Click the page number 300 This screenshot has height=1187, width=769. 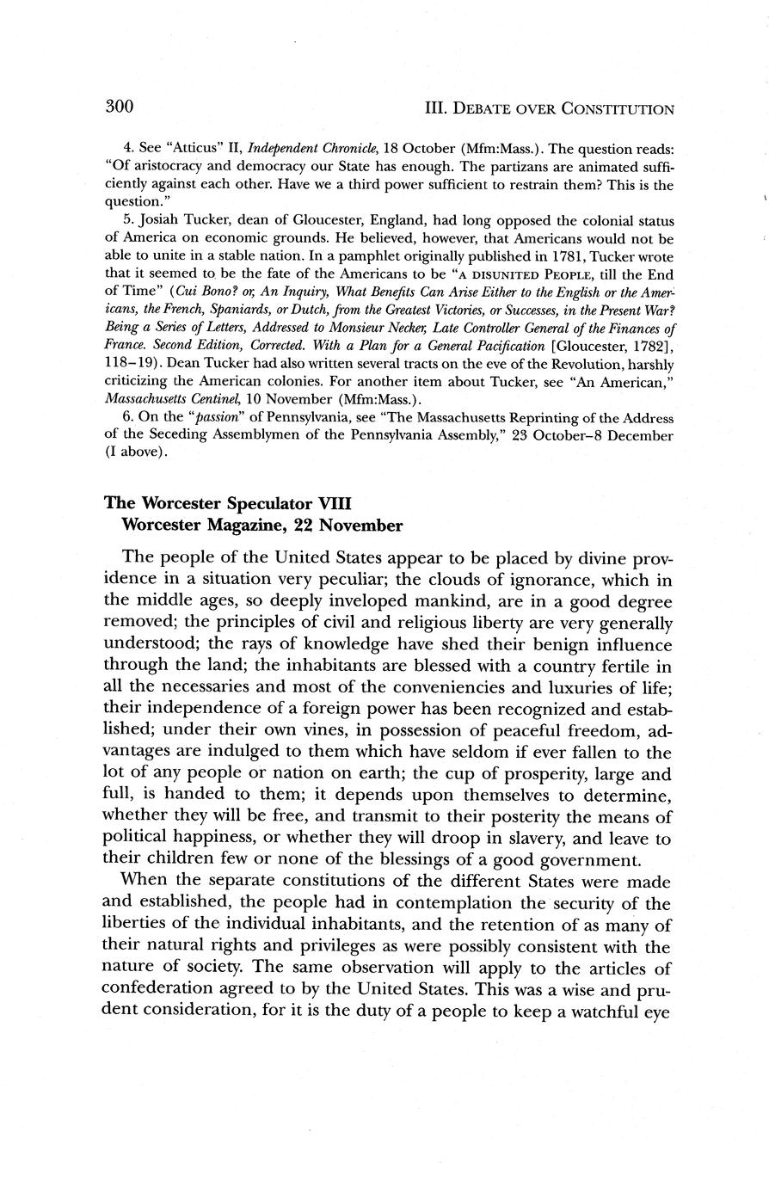[x=119, y=107]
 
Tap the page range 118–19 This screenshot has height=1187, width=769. [x=128, y=364]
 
